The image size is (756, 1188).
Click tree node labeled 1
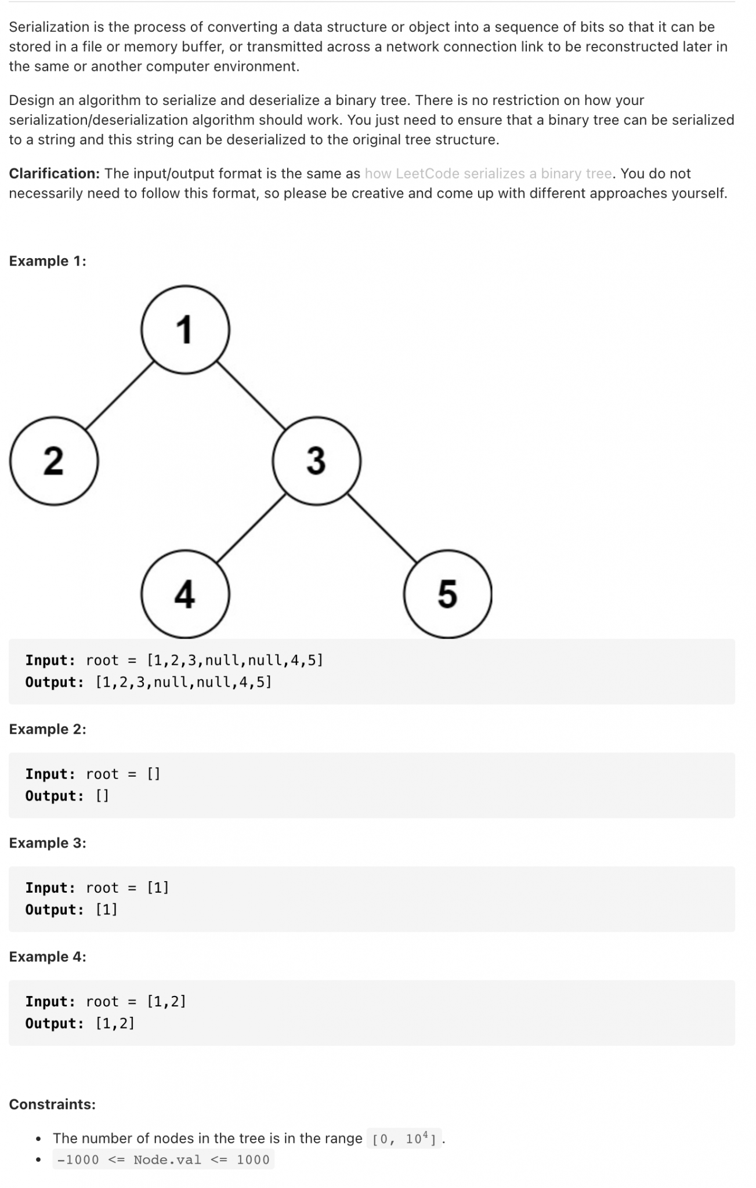coord(185,329)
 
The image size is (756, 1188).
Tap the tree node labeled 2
coord(54,461)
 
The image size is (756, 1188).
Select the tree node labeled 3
coord(316,461)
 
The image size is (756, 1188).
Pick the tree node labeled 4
coord(185,593)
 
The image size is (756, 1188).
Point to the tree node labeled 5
coord(447,593)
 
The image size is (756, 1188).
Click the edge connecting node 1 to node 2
coord(120,395)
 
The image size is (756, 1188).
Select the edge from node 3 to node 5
coord(382,528)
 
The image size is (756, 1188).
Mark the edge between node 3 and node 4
coord(251,528)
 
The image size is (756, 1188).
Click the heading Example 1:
coord(48,261)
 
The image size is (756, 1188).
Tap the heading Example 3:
coord(48,843)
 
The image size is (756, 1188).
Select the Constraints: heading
coord(52,1104)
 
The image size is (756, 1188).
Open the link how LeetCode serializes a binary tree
coord(488,173)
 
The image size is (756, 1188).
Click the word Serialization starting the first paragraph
coord(49,27)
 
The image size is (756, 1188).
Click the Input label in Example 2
coord(50,774)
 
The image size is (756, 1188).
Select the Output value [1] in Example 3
coord(107,910)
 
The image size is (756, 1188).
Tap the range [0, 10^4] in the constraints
coord(404,1139)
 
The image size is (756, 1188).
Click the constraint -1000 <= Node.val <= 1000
coord(163,1160)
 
